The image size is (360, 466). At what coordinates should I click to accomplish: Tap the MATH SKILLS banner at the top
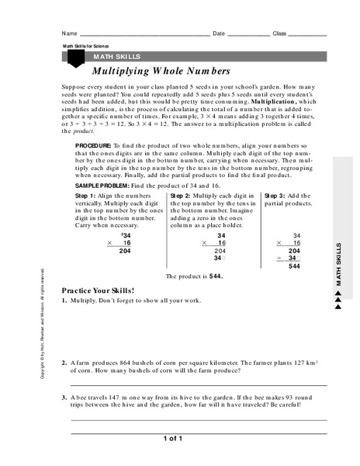[x=116, y=57]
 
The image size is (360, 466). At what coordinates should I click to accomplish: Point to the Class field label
[x=280, y=33]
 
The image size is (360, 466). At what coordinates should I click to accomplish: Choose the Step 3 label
[x=277, y=197]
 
